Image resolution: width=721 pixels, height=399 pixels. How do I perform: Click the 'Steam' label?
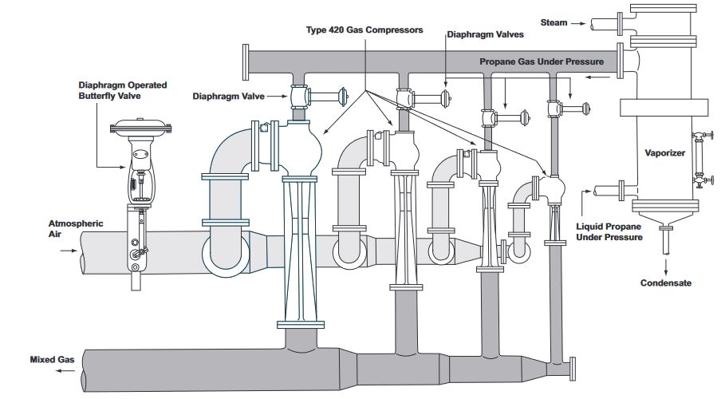click(554, 22)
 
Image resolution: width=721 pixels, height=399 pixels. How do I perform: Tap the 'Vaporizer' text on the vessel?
click(665, 152)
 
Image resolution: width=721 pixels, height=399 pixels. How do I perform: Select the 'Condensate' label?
click(666, 283)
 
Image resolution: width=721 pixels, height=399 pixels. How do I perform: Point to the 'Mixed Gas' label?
click(52, 360)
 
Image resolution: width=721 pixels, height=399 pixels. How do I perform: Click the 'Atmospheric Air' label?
click(76, 229)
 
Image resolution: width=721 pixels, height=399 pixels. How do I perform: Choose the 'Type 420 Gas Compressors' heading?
click(364, 30)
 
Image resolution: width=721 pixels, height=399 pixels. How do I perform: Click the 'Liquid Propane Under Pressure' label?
click(609, 231)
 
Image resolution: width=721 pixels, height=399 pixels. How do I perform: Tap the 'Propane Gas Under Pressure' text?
click(542, 61)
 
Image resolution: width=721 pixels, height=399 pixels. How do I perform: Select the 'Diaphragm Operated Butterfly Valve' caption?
click(122, 90)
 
